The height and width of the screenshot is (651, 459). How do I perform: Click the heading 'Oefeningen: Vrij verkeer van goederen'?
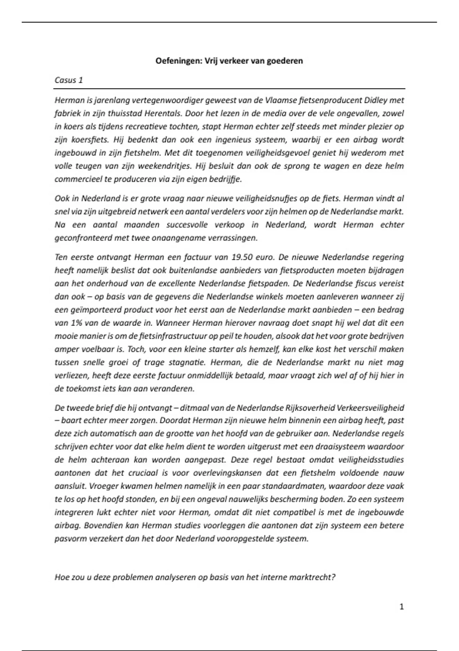pyautogui.click(x=229, y=61)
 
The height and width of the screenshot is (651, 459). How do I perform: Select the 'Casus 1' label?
pyautogui.click(x=69, y=80)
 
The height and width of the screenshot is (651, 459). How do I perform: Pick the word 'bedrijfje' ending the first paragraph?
pyautogui.click(x=225, y=179)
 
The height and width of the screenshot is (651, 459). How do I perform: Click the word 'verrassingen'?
pyautogui.click(x=232, y=238)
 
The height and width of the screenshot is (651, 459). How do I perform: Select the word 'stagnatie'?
pyautogui.click(x=185, y=362)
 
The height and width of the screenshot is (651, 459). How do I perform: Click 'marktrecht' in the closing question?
pyautogui.click(x=313, y=577)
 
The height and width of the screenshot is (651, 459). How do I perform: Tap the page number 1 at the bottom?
pyautogui.click(x=401, y=607)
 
